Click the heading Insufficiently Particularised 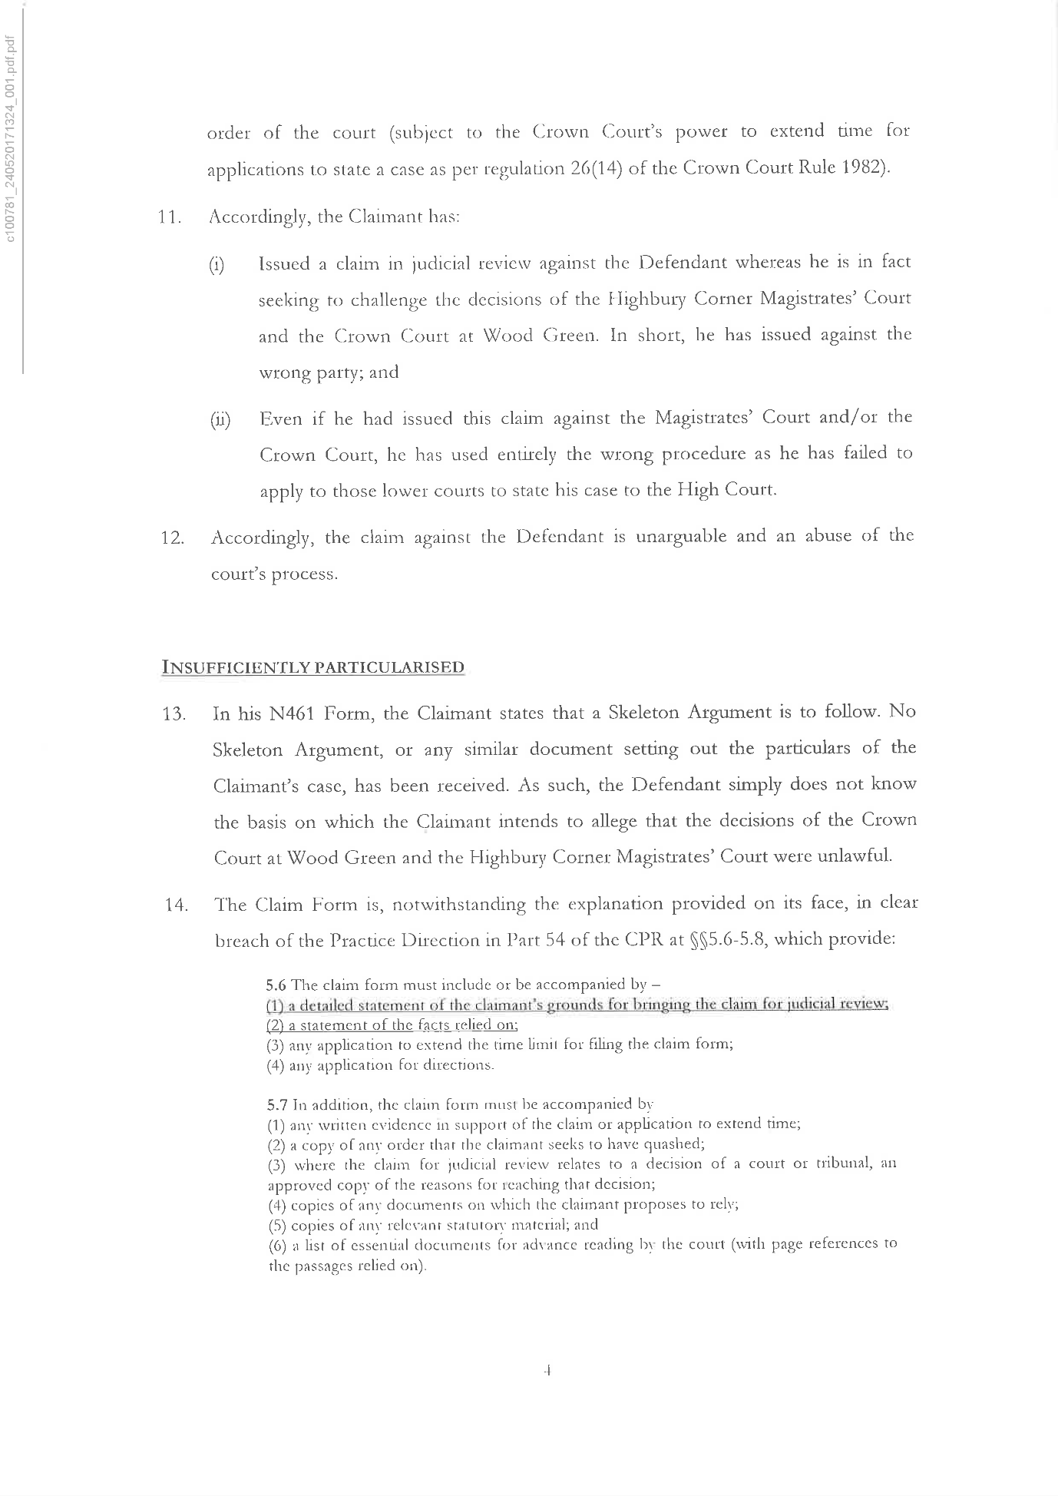pyautogui.click(x=313, y=667)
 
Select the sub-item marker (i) pyautogui.click(x=217, y=266)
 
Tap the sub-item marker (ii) pyautogui.click(x=220, y=421)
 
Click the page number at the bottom pyautogui.click(x=548, y=1370)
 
